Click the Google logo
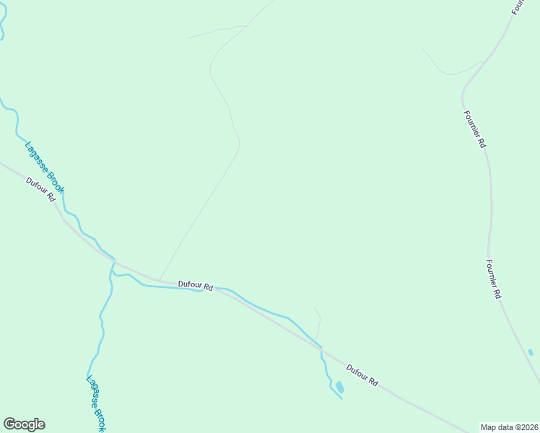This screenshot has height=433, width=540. tap(24, 424)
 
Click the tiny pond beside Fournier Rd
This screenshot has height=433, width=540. tap(531, 352)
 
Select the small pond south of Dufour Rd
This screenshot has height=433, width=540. tap(340, 388)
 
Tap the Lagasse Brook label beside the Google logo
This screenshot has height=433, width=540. tap(96, 403)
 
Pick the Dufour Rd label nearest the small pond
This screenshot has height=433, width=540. tap(362, 375)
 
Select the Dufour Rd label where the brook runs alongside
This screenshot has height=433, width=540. tap(196, 286)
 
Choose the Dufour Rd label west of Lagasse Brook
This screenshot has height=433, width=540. tap(40, 189)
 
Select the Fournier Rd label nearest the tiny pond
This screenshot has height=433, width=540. tap(493, 279)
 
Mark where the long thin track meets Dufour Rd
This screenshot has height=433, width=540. tap(159, 279)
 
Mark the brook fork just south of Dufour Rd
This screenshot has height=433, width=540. tap(113, 274)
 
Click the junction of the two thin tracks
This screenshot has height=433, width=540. tap(247, 26)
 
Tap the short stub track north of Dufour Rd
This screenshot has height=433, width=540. tap(318, 323)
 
